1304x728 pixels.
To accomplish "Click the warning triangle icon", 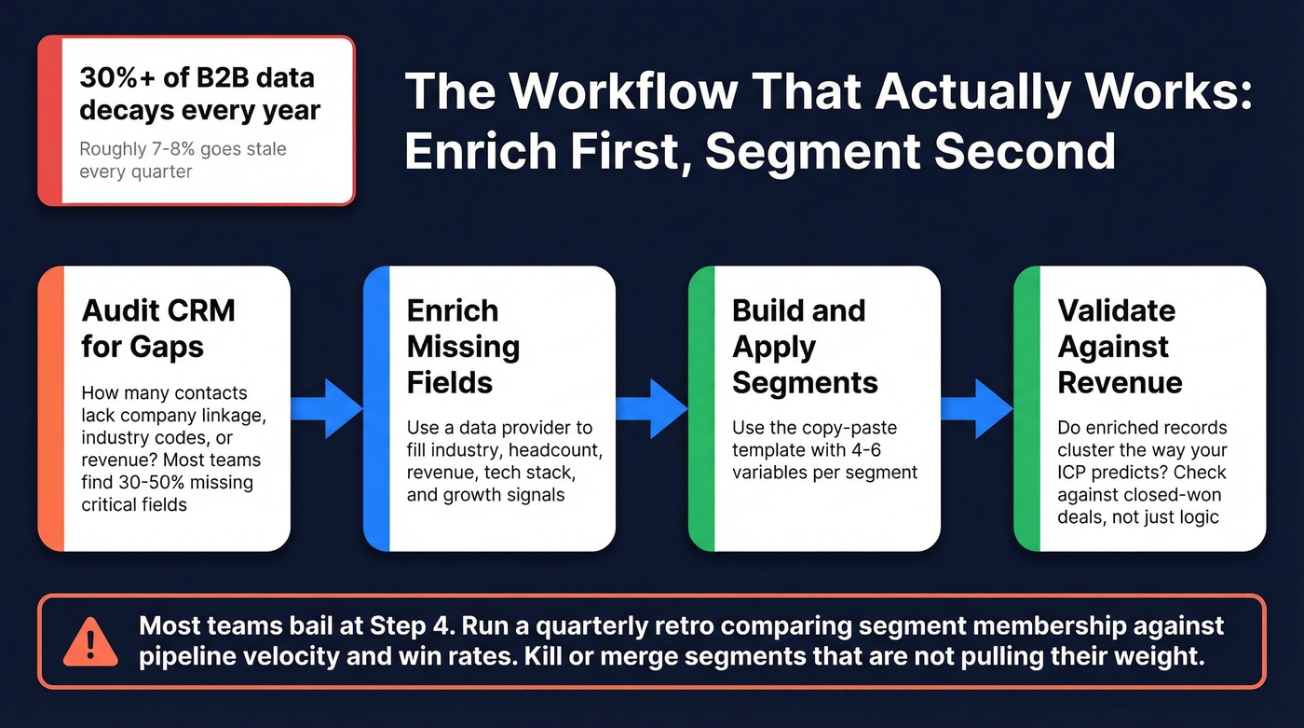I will click(90, 641).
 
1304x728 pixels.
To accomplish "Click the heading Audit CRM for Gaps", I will click(157, 328).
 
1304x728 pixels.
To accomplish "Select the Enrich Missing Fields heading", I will click(463, 346).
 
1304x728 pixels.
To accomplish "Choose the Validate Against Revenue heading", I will click(1121, 346).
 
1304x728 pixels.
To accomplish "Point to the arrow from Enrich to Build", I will click(652, 407).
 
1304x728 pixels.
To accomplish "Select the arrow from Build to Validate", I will click(977, 407).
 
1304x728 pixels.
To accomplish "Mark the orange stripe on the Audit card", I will click(50, 407).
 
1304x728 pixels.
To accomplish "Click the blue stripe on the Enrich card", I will click(375, 407).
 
